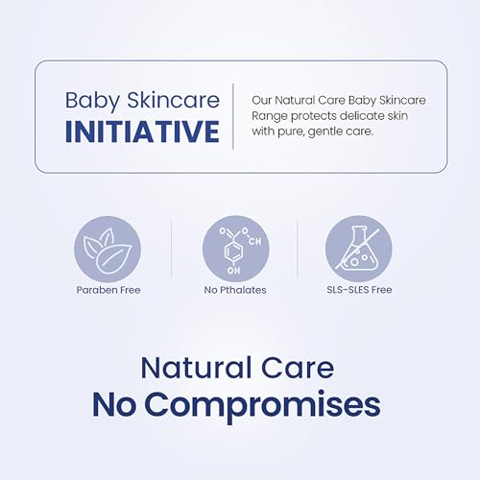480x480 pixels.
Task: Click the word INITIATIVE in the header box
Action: pyautogui.click(x=141, y=132)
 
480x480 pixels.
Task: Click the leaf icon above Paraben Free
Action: pyautogui.click(x=108, y=248)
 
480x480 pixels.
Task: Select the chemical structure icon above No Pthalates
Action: pyautogui.click(x=234, y=248)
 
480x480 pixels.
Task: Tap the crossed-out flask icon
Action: pyautogui.click(x=358, y=248)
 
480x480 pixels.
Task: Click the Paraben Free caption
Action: pyautogui.click(x=108, y=290)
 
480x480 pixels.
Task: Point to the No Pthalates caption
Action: pyautogui.click(x=234, y=290)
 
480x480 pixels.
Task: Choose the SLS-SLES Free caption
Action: pyautogui.click(x=358, y=290)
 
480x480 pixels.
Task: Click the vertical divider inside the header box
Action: pyautogui.click(x=233, y=115)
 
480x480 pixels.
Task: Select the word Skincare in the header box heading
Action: pyautogui.click(x=174, y=100)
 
